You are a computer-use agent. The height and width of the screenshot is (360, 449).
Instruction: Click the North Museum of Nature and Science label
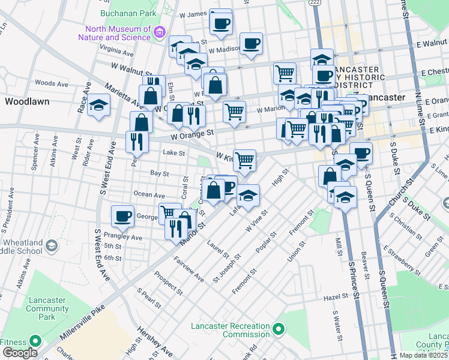click(118, 34)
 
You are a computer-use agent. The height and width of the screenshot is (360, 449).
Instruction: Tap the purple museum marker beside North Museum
click(160, 31)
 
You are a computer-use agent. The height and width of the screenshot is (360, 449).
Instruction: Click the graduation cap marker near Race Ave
click(98, 107)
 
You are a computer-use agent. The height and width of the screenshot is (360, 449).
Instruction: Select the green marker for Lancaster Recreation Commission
click(278, 329)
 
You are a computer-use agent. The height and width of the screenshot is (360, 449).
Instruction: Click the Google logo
click(19, 353)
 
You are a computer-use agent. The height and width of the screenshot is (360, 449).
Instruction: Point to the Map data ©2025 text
click(424, 355)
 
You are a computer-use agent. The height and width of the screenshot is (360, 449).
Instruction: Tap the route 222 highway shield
click(315, 3)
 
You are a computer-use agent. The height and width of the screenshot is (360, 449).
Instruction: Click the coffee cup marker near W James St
click(220, 23)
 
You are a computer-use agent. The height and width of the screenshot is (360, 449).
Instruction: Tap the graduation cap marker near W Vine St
click(249, 195)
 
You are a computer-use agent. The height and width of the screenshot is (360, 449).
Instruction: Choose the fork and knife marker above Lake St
click(137, 141)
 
